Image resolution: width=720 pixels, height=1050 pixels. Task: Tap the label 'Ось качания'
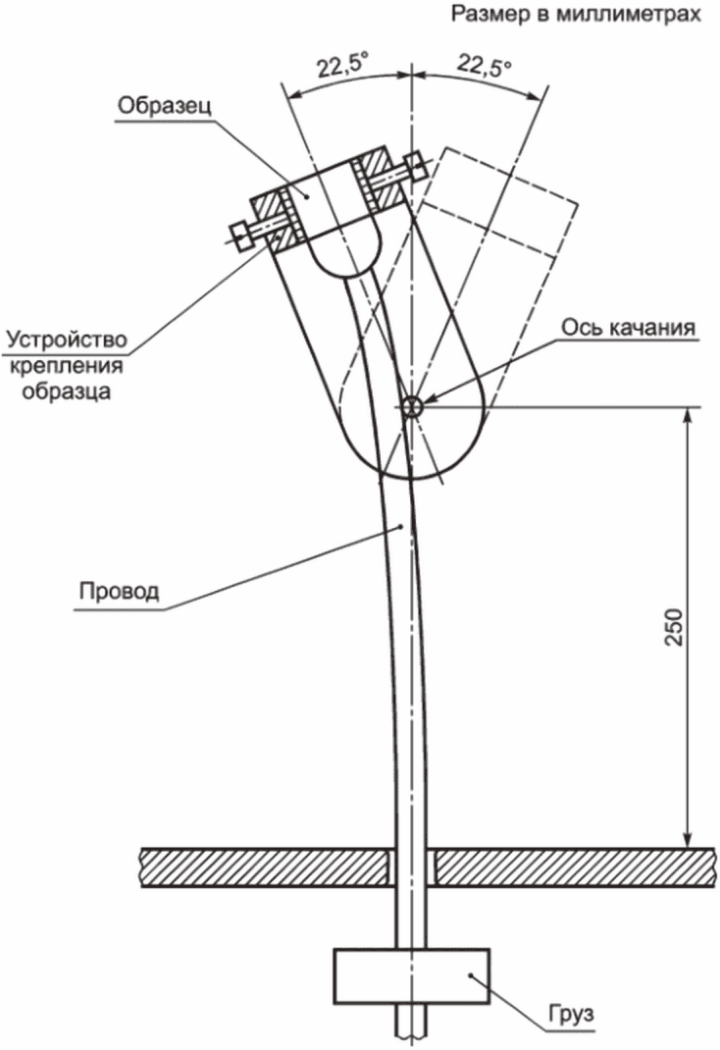[x=629, y=327]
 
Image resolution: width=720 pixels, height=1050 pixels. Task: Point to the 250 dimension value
[x=674, y=628]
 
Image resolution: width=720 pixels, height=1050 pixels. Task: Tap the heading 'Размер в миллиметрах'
[x=576, y=15]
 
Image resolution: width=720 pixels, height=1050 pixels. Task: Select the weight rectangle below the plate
[x=412, y=976]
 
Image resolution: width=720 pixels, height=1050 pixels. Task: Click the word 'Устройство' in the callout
[x=66, y=341]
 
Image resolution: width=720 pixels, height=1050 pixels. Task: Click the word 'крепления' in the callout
[x=66, y=366]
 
